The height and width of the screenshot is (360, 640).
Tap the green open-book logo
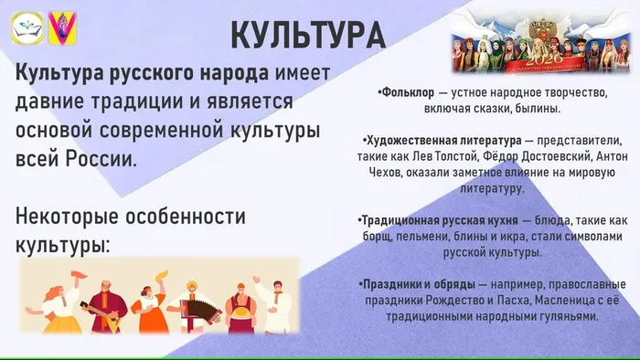27,30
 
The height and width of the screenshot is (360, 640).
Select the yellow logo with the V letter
62,30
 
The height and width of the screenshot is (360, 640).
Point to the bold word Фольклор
404,93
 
